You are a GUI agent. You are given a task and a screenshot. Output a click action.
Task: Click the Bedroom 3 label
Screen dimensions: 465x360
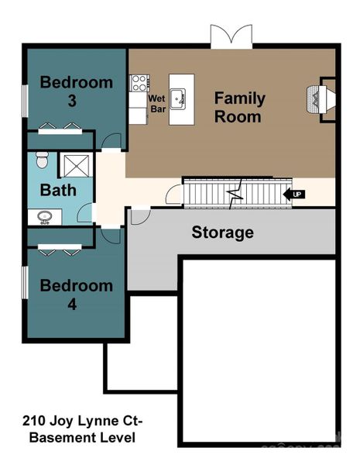pos(77,91)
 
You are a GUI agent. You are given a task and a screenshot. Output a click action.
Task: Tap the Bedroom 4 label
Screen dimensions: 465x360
pos(77,294)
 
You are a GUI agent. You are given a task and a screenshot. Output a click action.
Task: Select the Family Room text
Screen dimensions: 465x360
pos(239,108)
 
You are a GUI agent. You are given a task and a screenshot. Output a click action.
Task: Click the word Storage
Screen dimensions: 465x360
pos(222,232)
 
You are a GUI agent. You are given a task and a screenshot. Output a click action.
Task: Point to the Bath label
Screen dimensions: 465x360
pos(58,190)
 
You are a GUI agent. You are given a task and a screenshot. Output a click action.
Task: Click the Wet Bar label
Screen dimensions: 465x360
pos(157,104)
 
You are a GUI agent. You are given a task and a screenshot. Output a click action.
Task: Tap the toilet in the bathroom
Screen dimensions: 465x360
pos(43,162)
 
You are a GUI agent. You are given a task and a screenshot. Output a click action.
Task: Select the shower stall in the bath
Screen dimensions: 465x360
pos(76,165)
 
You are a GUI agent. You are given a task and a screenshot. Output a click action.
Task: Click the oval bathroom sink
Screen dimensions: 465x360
pos(43,217)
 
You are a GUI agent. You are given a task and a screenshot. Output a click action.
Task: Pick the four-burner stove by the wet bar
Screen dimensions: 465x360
pos(139,83)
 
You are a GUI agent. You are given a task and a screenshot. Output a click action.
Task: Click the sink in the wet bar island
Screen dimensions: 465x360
pos(180,98)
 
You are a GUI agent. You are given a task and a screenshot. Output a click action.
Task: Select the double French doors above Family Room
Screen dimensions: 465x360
pos(231,36)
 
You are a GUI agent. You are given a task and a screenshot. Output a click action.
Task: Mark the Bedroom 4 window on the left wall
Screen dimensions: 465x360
pos(26,283)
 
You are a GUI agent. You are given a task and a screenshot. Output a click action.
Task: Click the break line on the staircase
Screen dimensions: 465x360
pos(234,192)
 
